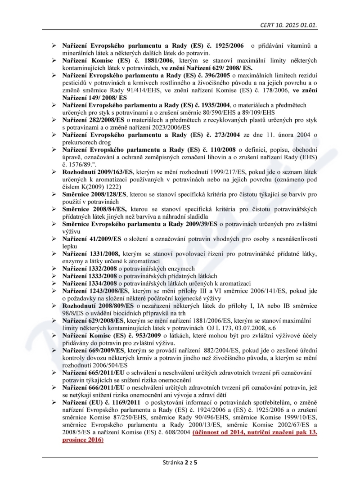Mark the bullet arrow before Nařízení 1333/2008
click(x=53, y=276)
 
